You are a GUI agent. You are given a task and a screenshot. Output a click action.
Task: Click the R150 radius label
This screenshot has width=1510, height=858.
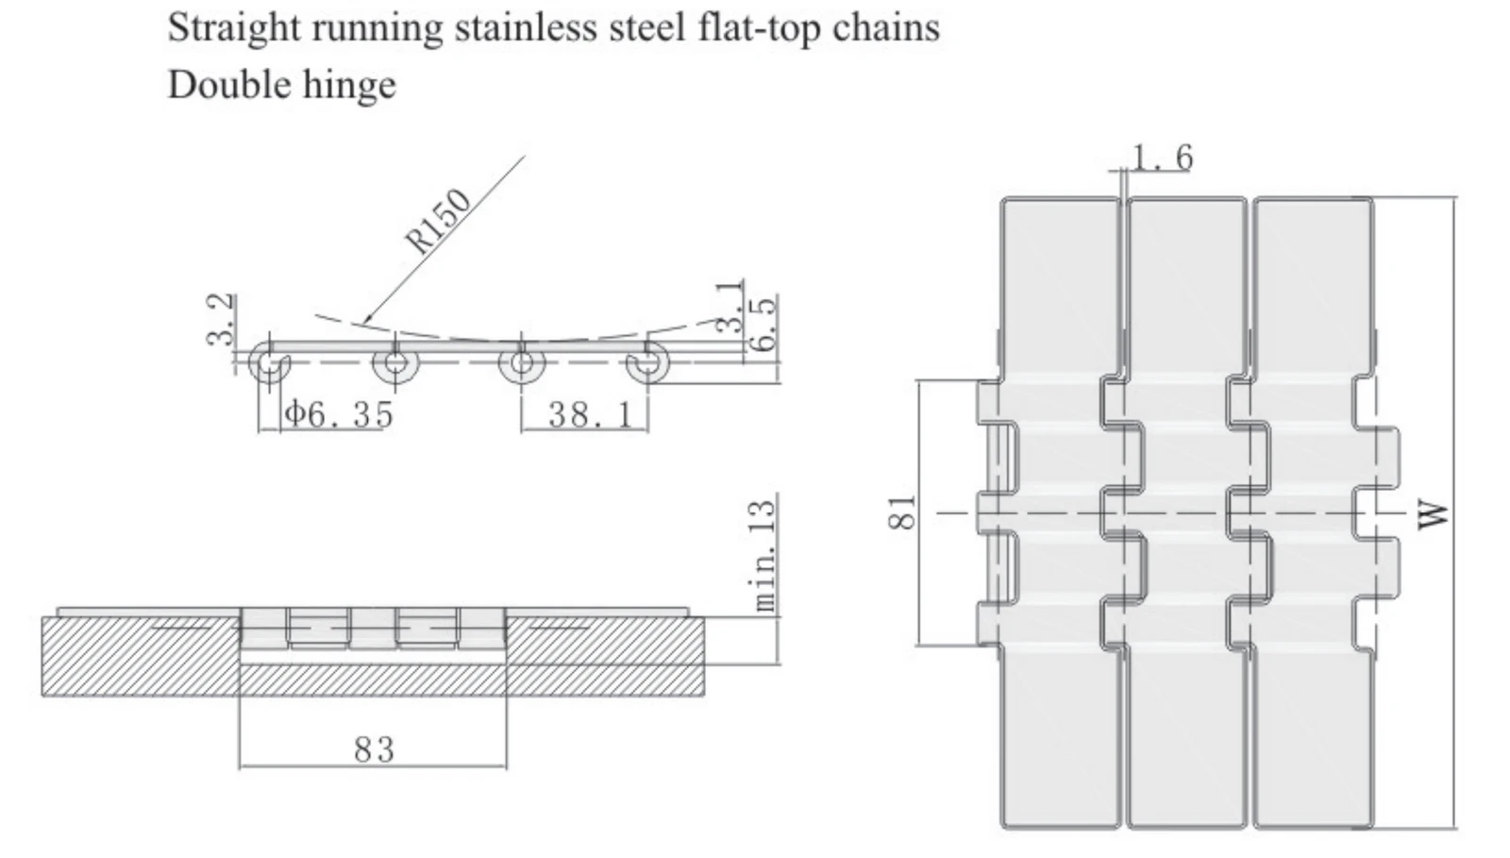pos(438,220)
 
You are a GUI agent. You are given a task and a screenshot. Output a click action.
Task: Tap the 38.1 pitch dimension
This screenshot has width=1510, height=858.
pos(591,414)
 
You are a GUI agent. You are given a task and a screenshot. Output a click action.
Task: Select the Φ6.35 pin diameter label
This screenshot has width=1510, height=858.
pos(339,413)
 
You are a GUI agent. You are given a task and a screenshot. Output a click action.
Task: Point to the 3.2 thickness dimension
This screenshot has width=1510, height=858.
pos(221,319)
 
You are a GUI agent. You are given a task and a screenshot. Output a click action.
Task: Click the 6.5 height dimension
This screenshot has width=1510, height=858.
pos(763,325)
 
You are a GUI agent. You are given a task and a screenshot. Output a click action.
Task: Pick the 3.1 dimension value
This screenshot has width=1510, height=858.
pos(730,308)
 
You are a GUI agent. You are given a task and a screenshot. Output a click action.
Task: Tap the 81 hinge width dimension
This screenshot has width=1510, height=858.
pos(902,513)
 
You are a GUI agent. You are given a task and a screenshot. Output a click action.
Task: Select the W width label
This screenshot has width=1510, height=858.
pos(1432,516)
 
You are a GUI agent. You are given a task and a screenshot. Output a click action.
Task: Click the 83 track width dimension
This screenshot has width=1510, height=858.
pos(374,749)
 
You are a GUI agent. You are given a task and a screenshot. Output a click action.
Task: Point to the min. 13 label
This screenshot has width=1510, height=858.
pos(763,555)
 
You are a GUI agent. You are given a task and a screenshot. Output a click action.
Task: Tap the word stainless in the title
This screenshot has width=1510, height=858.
pos(527,28)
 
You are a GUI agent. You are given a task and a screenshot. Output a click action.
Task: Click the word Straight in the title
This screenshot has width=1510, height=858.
pos(234,29)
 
